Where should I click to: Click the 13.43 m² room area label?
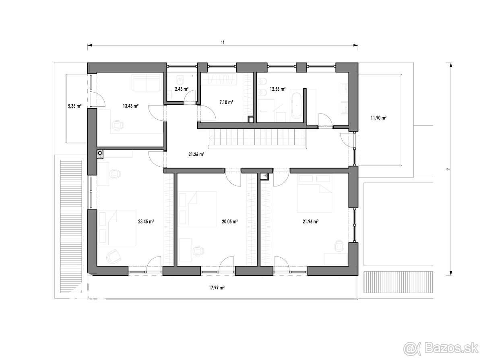tap(131, 106)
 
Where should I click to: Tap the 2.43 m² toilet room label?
tap(182, 89)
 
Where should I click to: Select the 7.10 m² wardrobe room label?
tap(227, 102)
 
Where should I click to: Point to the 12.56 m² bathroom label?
tap(278, 89)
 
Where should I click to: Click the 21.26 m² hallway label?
tap(196, 155)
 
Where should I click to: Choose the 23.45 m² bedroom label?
tap(146, 221)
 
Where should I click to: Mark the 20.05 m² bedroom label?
tap(230, 221)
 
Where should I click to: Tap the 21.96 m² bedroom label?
tap(311, 221)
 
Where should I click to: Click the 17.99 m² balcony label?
tap(217, 288)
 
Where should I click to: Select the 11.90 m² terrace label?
tap(379, 118)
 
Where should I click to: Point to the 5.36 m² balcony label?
tap(75, 106)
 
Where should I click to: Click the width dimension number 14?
tap(223, 43)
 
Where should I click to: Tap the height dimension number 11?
tap(448, 169)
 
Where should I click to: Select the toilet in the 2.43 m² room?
tap(180, 81)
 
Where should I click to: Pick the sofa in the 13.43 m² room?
tap(147, 83)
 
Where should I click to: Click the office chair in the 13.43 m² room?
tap(118, 126)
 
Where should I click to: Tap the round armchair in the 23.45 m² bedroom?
tap(113, 256)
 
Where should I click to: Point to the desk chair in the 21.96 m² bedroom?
tap(339, 246)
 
